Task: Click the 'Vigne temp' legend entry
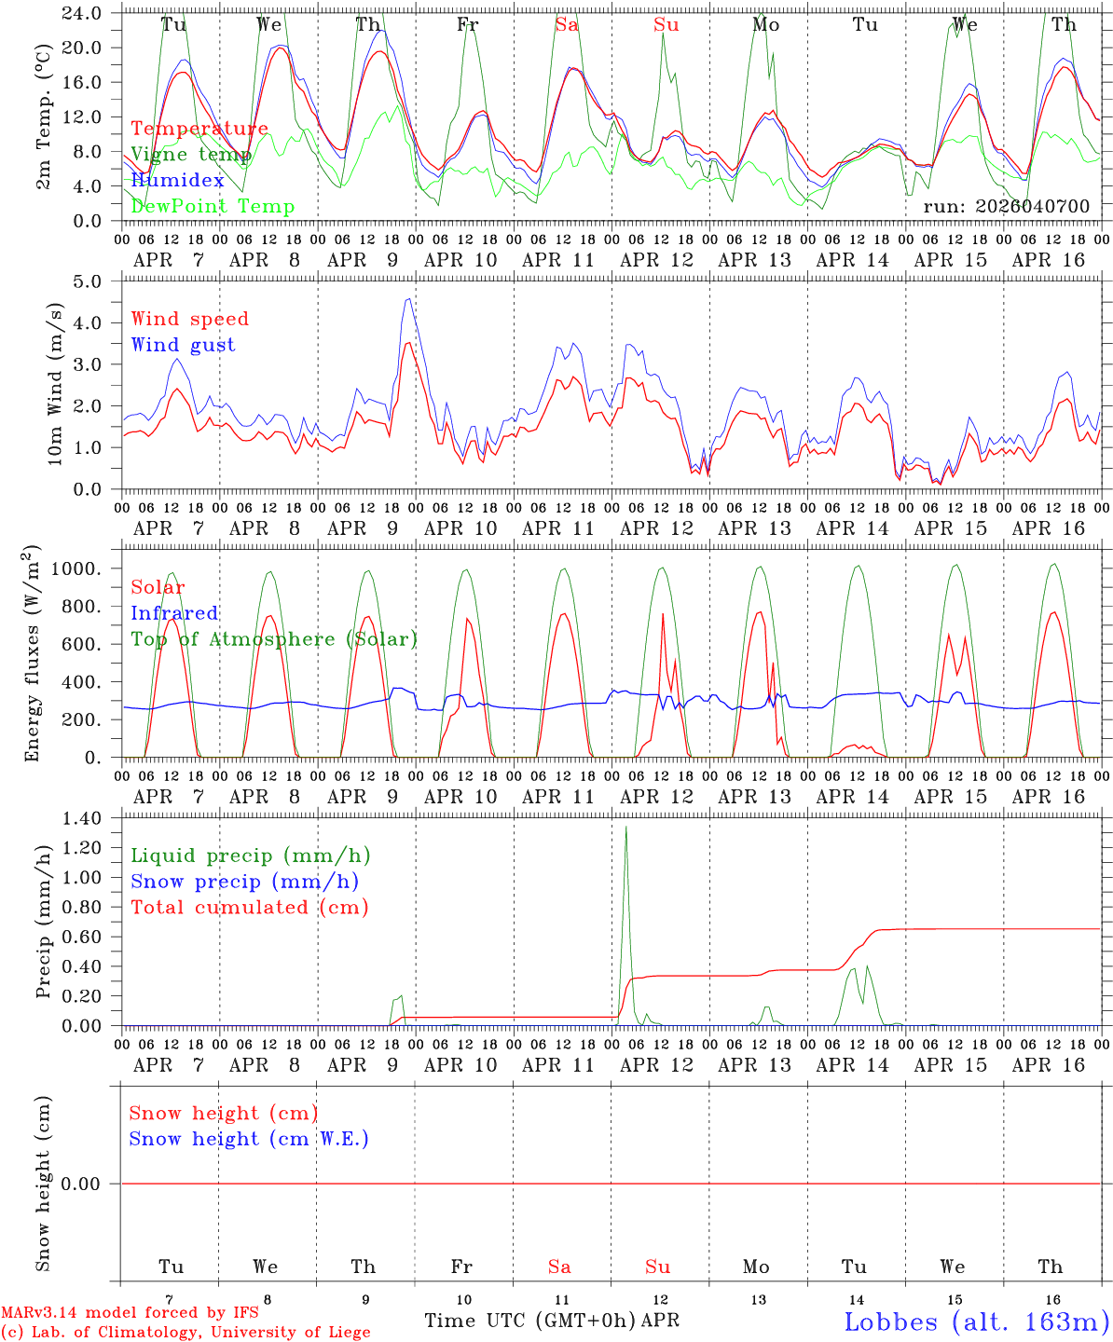point(191,155)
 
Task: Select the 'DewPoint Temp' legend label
point(213,207)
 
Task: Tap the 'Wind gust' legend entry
point(183,345)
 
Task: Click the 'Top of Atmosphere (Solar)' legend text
point(273,639)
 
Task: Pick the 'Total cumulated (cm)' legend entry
point(249,907)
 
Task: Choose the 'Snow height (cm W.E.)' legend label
point(248,1139)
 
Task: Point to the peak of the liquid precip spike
point(625,828)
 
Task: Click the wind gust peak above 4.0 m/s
point(409,299)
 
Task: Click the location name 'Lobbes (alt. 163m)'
point(977,1321)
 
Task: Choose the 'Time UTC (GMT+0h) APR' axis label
point(551,1321)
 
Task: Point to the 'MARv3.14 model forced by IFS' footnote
point(130,1313)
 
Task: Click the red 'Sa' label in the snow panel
point(559,1267)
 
